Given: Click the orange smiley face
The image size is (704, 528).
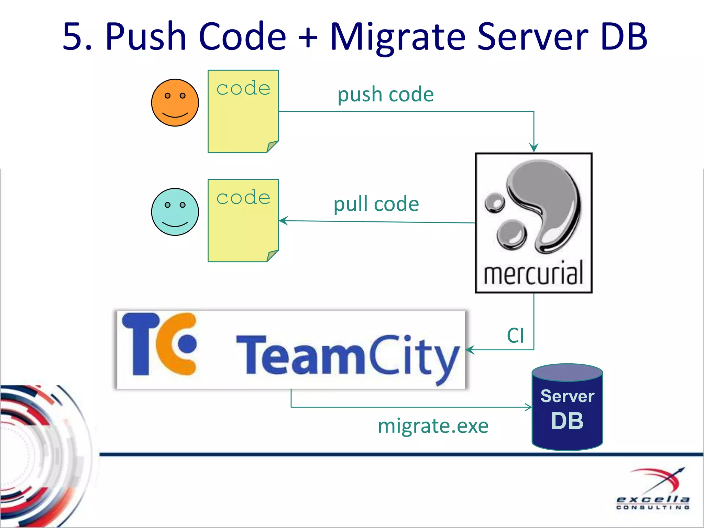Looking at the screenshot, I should tap(175, 103).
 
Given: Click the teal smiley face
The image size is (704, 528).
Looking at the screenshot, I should tap(175, 212).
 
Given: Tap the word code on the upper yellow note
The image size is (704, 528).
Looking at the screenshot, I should tap(243, 89).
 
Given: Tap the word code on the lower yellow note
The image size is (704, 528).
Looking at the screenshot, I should tap(243, 198).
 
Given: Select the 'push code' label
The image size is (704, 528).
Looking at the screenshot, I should tap(385, 95).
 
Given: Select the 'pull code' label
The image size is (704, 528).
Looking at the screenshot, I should tap(376, 204).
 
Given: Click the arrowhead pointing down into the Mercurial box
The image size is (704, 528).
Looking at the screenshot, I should tap(533, 148).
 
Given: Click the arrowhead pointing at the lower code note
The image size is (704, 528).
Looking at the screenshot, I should tap(283, 221).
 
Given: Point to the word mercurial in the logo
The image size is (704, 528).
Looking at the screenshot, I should tap(533, 273).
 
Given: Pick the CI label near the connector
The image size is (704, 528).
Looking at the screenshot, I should tap(515, 335).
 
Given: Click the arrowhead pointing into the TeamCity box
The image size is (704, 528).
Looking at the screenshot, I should tap(470, 350).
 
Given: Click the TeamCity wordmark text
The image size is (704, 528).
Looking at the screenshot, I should tap(347, 356).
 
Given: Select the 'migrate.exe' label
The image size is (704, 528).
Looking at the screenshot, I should tap(433, 426).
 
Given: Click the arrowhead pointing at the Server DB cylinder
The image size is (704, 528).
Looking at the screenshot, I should tap(528, 407).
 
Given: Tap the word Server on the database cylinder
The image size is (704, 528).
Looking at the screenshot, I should tap(567, 396).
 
